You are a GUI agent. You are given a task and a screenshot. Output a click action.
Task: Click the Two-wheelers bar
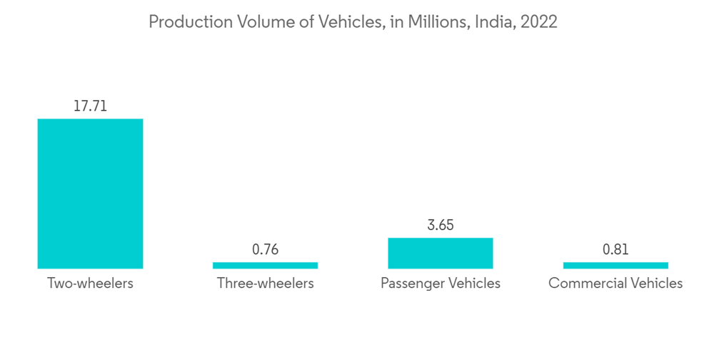pyautogui.click(x=90, y=193)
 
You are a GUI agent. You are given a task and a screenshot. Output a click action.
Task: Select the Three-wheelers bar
pyautogui.click(x=265, y=265)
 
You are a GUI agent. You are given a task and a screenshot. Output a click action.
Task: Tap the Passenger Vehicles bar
pyautogui.click(x=441, y=253)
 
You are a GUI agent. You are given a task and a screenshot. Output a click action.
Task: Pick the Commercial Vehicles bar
pyautogui.click(x=615, y=265)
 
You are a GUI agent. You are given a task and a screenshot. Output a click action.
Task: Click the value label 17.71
pyautogui.click(x=90, y=106)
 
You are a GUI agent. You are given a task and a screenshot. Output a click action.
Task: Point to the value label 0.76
pyautogui.click(x=265, y=249)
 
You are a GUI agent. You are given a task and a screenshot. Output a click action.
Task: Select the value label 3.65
pyautogui.click(x=441, y=225)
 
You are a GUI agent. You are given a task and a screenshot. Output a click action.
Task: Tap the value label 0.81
pyautogui.click(x=615, y=249)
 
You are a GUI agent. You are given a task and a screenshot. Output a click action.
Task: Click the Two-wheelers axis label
pyautogui.click(x=90, y=284)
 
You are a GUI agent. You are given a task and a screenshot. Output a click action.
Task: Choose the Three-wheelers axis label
pyautogui.click(x=265, y=284)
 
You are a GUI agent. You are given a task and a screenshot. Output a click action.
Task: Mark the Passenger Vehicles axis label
pyautogui.click(x=441, y=284)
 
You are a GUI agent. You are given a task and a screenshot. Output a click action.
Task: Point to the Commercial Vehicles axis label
pyautogui.click(x=615, y=284)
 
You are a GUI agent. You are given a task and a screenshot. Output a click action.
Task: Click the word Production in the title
pyautogui.click(x=186, y=22)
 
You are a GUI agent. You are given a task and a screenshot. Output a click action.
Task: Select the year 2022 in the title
pyautogui.click(x=539, y=22)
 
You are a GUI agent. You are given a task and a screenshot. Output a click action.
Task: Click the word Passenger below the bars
pyautogui.click(x=412, y=284)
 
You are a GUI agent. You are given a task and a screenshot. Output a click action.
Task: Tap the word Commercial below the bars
pyautogui.click(x=585, y=284)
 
